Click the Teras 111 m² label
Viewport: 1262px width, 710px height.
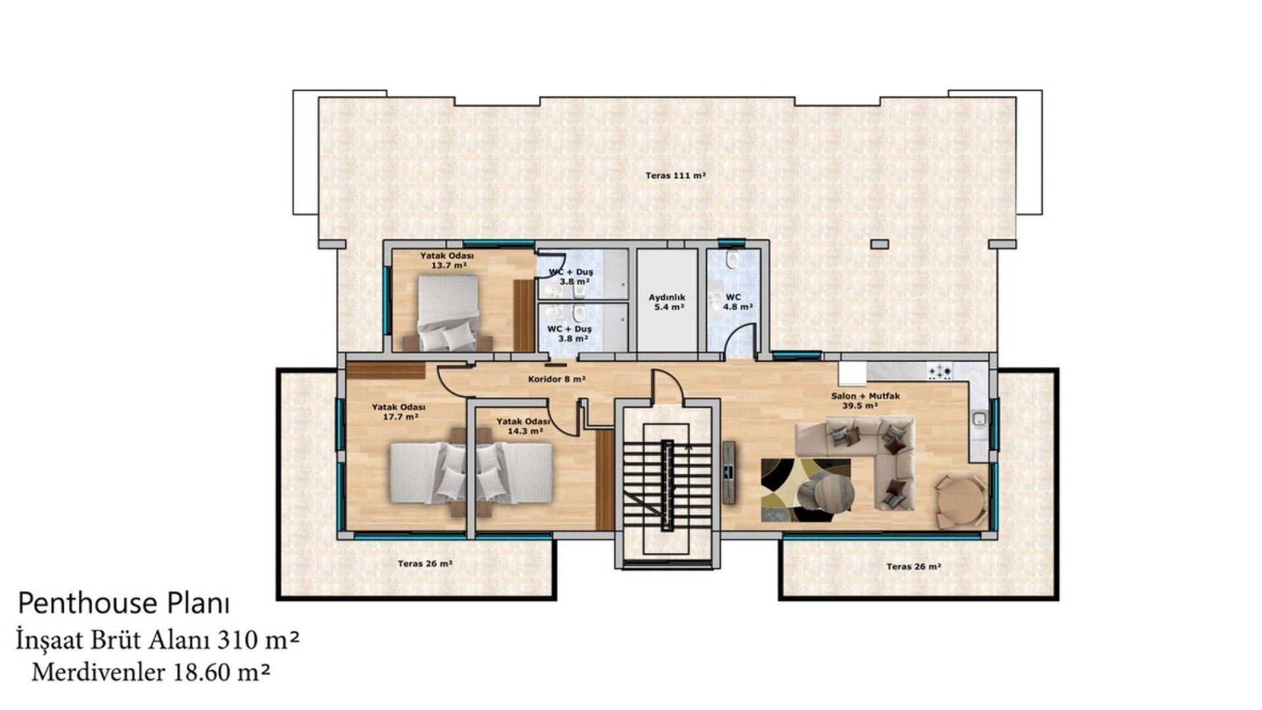pos(675,176)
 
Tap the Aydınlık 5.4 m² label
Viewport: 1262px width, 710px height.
pos(666,302)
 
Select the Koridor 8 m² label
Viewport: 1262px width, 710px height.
pos(557,379)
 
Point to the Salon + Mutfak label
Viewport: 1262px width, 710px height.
pos(865,396)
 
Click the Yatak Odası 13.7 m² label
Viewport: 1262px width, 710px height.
pos(447,260)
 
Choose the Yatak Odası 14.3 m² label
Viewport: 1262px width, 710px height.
pos(523,426)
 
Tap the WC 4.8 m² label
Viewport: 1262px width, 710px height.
pos(737,302)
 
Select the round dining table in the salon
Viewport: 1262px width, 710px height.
pos(960,501)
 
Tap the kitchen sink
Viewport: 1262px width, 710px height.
pos(979,419)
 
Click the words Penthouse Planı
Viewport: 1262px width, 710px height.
pos(124,603)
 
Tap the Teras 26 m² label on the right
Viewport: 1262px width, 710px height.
pos(914,566)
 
